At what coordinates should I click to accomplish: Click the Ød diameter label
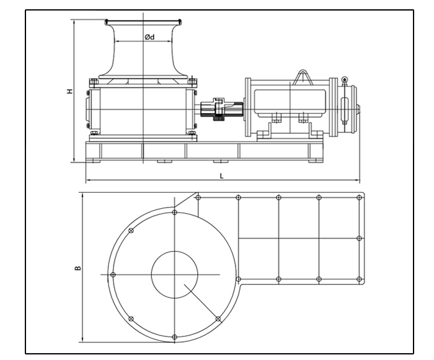[149, 37]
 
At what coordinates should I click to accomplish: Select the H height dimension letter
[70, 91]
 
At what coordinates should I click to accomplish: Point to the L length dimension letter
[222, 176]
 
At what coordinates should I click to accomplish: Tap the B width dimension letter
[77, 268]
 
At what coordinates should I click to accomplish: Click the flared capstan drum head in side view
[144, 50]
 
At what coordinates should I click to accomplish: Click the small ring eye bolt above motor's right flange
[344, 79]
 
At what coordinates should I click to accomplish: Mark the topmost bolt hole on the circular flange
[175, 213]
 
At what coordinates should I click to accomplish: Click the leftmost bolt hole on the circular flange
[112, 274]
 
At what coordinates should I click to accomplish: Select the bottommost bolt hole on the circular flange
[174, 336]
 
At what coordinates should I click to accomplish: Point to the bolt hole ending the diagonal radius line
[218, 318]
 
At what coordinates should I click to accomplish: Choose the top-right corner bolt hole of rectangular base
[359, 198]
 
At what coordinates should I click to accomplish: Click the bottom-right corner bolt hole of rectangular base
[359, 278]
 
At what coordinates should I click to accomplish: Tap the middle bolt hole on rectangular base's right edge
[359, 238]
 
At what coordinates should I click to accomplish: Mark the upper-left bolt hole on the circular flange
[131, 231]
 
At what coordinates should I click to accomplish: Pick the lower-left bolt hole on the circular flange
[131, 318]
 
